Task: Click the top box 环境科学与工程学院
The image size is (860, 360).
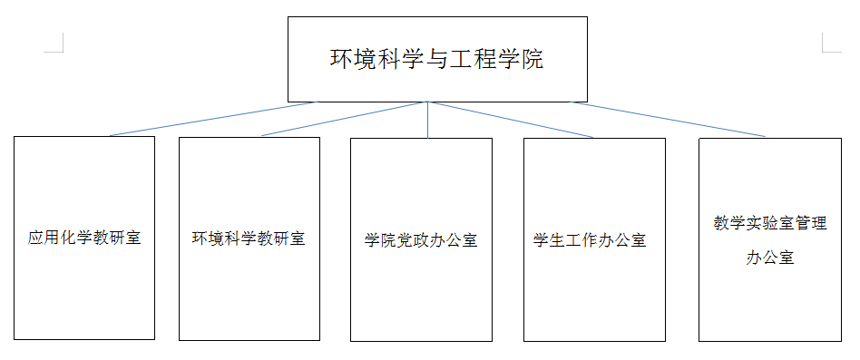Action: tap(437, 59)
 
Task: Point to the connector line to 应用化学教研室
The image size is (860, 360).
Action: tap(213, 119)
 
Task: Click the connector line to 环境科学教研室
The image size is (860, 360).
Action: tap(345, 119)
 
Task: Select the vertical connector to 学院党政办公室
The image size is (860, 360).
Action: tap(427, 120)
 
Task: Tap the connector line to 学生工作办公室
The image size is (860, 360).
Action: tap(513, 120)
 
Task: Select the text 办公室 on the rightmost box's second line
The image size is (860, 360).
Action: tap(769, 258)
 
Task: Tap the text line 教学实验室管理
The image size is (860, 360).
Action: tap(769, 223)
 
